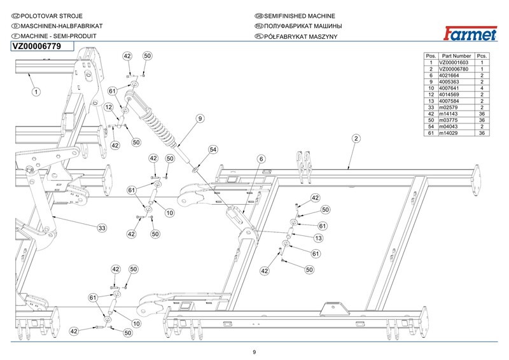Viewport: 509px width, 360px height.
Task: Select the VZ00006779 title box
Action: [43, 46]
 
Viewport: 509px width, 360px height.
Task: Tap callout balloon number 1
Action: [36, 92]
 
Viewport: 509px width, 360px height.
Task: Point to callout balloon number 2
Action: [356, 139]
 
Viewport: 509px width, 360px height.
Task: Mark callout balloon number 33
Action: [102, 228]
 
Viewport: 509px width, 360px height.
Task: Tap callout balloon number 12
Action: [109, 107]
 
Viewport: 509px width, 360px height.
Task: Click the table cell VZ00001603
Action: [456, 63]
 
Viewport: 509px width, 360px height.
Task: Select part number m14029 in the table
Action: [456, 133]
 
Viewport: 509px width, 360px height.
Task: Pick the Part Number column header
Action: [456, 56]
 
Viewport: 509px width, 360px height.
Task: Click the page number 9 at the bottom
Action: [254, 352]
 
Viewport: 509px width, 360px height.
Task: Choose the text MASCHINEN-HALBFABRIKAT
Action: [53, 26]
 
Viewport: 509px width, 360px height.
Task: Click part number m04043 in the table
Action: [456, 126]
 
